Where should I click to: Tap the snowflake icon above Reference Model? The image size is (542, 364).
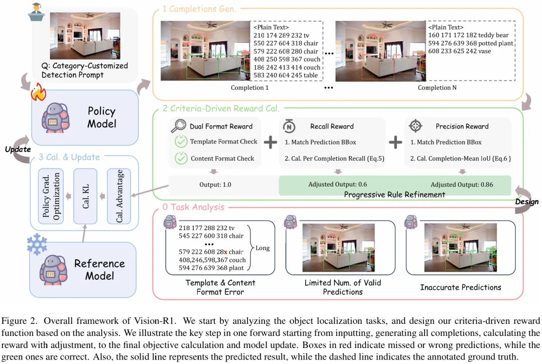(37, 244)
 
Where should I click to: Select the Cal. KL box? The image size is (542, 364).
(85, 196)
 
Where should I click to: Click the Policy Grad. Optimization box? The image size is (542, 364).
(51, 196)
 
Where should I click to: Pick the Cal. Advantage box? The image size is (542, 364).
(119, 196)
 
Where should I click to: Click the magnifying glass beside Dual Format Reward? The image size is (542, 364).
(178, 126)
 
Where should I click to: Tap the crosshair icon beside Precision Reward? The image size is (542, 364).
(416, 126)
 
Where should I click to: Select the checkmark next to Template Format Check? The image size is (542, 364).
(181, 141)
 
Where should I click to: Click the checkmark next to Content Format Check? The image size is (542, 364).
(181, 158)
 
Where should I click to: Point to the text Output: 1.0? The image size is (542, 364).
(215, 185)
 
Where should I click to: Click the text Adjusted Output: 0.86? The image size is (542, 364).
(462, 185)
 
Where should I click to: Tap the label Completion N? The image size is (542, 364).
(437, 88)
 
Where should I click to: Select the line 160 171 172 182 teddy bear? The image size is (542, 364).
(468, 35)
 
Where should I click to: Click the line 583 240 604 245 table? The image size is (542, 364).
(286, 75)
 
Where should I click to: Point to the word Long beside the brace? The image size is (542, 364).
(262, 248)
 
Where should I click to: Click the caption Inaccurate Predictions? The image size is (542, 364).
(460, 287)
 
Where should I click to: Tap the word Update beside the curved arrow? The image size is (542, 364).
(18, 149)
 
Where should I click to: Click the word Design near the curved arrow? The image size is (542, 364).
(527, 202)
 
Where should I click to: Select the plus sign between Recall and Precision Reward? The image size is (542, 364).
(395, 142)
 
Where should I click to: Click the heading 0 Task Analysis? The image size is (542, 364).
(193, 207)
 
